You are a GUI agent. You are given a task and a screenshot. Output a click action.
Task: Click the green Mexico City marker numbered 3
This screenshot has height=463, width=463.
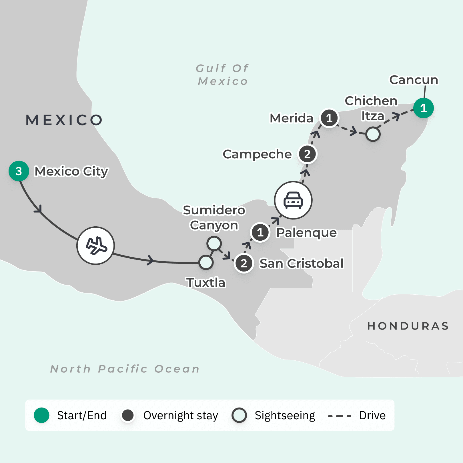pyautogui.click(x=19, y=171)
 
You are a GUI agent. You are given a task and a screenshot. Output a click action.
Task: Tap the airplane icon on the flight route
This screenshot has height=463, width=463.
pyautogui.click(x=96, y=246)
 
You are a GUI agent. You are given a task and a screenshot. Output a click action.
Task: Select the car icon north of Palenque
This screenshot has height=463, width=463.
pyautogui.click(x=293, y=200)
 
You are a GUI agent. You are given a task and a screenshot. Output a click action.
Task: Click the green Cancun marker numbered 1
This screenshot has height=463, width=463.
pyautogui.click(x=424, y=108)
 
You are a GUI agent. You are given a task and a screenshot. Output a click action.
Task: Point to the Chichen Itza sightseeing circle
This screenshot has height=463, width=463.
pyautogui.click(x=373, y=134)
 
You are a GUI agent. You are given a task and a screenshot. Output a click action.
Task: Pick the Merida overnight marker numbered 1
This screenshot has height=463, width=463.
pyautogui.click(x=329, y=118)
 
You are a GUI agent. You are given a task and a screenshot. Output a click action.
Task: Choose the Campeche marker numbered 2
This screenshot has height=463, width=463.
pyautogui.click(x=308, y=154)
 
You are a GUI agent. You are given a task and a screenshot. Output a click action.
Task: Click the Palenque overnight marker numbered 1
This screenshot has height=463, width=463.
pyautogui.click(x=260, y=232)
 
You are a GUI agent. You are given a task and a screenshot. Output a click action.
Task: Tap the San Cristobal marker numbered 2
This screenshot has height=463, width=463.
pyautogui.click(x=244, y=263)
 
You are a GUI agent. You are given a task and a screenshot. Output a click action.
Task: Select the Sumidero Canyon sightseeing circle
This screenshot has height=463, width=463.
pyautogui.click(x=214, y=244)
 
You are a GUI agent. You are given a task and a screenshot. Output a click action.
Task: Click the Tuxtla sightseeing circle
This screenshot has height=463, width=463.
pyautogui.click(x=206, y=262)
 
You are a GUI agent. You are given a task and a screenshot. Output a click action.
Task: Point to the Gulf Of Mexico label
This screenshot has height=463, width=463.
pyautogui.click(x=222, y=75)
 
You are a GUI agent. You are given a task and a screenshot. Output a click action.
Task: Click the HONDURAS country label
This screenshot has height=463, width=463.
pyautogui.click(x=408, y=326)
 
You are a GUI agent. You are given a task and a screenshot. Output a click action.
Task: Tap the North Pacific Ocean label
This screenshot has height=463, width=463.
pyautogui.click(x=125, y=369)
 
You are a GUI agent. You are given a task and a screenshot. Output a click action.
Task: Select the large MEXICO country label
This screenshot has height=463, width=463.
pyautogui.click(x=64, y=120)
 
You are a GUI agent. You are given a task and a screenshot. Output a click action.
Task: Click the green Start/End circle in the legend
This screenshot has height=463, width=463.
pyautogui.click(x=42, y=415)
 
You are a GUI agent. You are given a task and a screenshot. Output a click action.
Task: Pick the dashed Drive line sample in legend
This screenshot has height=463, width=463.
pyautogui.click(x=340, y=416)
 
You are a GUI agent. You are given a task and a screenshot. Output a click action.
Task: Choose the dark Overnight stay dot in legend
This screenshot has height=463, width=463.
pyautogui.click(x=128, y=415)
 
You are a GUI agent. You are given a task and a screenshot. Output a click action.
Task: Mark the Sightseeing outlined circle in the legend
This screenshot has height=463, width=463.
pyautogui.click(x=239, y=415)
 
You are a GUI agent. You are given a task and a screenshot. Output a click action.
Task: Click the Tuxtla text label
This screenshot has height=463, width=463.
pyautogui.click(x=206, y=282)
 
